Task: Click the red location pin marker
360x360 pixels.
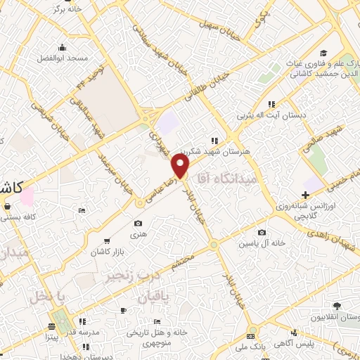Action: click(181, 167)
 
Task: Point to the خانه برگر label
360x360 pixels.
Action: click(67, 9)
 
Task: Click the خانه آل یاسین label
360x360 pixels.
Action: click(262, 243)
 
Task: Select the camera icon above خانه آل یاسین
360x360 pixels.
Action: click(262, 233)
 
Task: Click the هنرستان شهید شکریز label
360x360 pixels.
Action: click(210, 150)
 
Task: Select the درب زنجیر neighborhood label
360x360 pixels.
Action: click(130, 276)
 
